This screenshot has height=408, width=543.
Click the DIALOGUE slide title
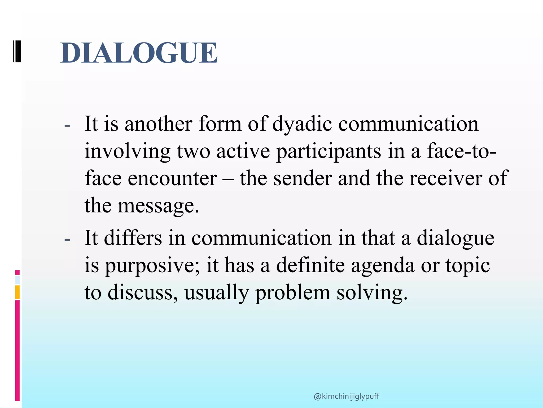[139, 53]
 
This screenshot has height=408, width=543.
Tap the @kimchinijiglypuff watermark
[346, 397]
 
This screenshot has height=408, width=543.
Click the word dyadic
[302, 124]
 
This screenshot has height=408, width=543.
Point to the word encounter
[172, 178]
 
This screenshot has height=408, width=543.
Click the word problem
[293, 293]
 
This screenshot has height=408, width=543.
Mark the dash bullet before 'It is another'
[67, 126]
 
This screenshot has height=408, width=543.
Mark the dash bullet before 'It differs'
[67, 239]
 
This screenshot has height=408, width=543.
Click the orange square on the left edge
[17, 292]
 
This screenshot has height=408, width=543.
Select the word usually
[216, 293]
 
